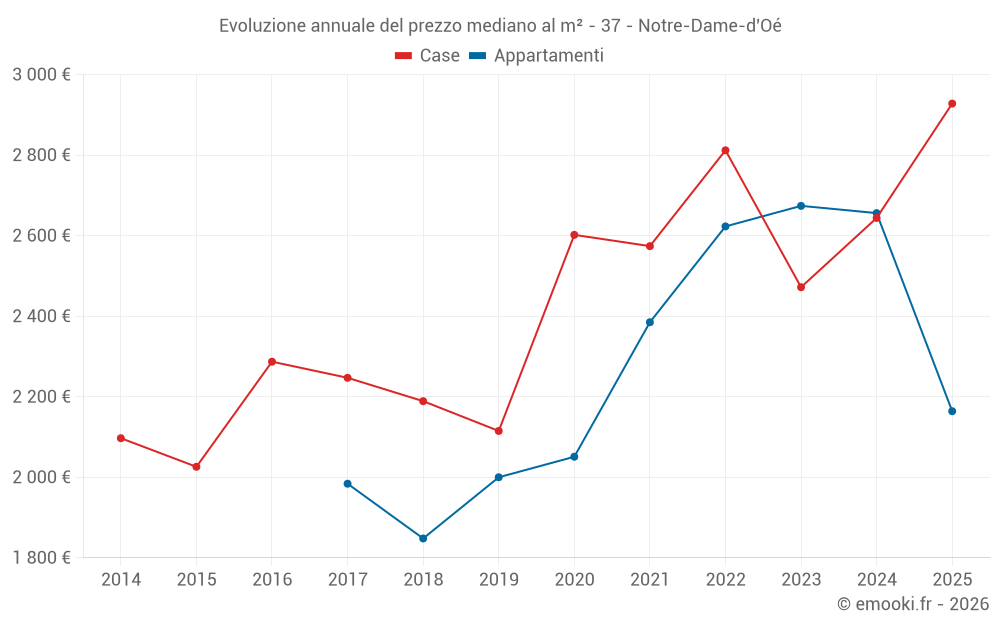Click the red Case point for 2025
coord(952,104)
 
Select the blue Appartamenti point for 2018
coord(423,538)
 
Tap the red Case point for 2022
coord(725,151)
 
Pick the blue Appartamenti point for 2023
coord(801,206)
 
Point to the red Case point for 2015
coord(196,467)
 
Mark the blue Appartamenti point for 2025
coord(952,411)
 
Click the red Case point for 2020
coord(574,235)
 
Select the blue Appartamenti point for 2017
coord(347,484)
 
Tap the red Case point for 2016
coord(272,362)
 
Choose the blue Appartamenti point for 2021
coord(650,322)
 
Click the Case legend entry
coord(428,56)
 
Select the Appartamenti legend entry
coord(536,56)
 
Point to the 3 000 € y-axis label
coord(41,75)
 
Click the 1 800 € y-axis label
coord(41,558)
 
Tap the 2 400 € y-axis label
coord(41,316)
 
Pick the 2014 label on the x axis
coord(121,579)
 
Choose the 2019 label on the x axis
coord(499,579)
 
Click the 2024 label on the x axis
coord(877,579)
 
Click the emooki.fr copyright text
coord(912,604)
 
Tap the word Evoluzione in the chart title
coord(261,26)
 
